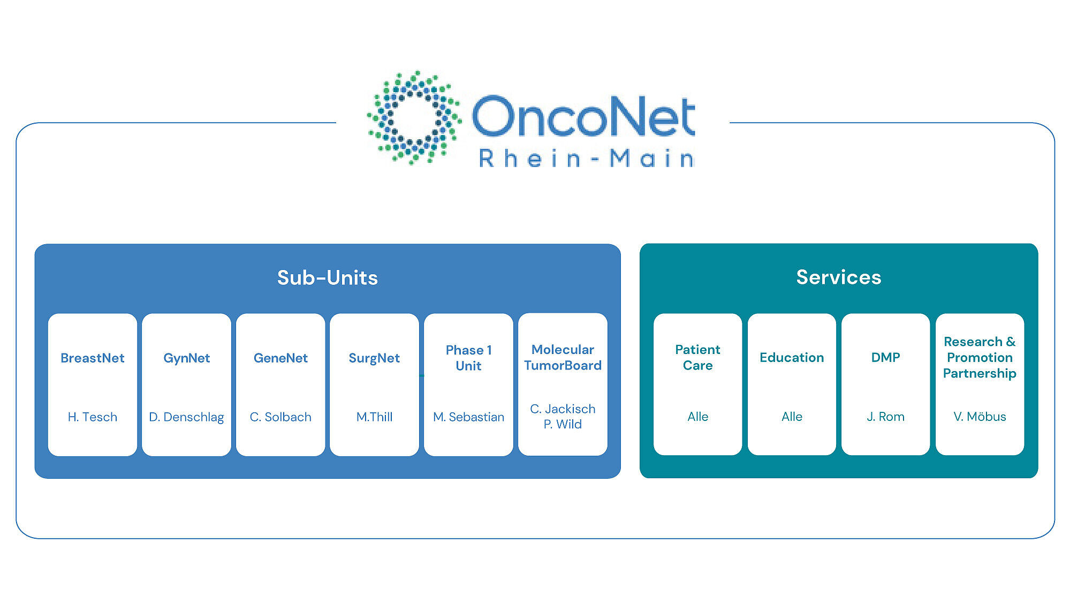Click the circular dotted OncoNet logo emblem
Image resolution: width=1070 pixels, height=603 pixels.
(414, 117)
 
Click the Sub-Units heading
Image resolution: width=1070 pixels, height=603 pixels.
(327, 277)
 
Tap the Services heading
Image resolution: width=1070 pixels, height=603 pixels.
(838, 277)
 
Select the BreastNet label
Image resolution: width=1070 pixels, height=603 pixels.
(93, 358)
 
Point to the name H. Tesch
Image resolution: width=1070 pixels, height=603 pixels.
(93, 417)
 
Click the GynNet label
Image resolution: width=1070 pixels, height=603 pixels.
(186, 358)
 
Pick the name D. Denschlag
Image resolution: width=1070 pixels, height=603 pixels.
(186, 417)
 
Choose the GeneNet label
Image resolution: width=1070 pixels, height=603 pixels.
(280, 358)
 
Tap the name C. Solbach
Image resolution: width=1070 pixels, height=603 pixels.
(280, 417)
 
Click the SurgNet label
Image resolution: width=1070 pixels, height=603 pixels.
(374, 358)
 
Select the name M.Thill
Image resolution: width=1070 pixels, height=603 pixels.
(374, 417)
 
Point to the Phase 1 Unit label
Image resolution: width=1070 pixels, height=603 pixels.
(468, 358)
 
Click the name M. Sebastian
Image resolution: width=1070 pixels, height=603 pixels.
(468, 417)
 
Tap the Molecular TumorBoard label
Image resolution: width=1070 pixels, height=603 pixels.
(563, 357)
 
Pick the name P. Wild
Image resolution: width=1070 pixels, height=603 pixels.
(563, 424)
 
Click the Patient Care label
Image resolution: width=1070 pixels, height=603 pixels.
(697, 357)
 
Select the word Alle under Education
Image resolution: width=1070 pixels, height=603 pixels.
(792, 416)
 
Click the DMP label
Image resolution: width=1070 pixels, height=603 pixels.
(885, 357)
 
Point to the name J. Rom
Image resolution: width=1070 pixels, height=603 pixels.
(885, 416)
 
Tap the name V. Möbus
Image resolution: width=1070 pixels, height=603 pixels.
(980, 416)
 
